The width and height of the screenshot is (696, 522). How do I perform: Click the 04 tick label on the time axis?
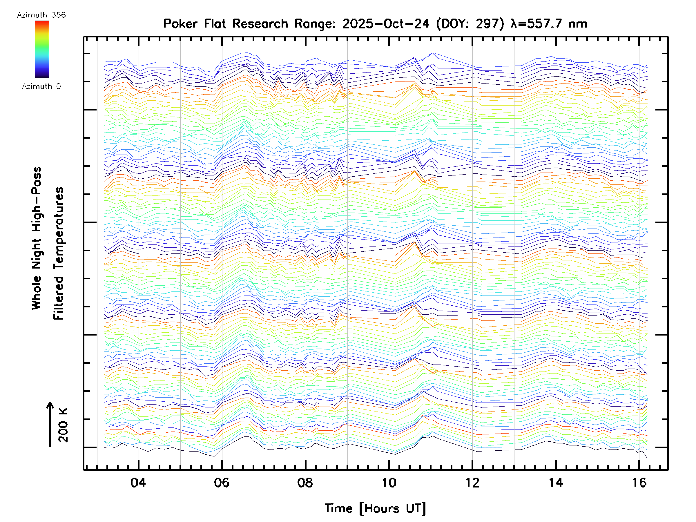point(138,482)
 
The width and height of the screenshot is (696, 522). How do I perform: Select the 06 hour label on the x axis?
point(222,482)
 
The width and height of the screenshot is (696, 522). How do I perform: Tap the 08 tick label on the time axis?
point(305,482)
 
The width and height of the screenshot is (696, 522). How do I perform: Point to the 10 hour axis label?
point(389,482)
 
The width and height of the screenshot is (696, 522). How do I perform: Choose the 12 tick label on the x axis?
point(472,482)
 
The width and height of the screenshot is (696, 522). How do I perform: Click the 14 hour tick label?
point(556,482)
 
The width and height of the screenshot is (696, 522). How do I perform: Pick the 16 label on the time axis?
point(639,482)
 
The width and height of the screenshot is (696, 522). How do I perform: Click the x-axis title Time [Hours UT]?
point(375,508)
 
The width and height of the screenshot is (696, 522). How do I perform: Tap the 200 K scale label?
point(63,425)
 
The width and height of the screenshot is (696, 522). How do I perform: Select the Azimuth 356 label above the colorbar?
point(41,15)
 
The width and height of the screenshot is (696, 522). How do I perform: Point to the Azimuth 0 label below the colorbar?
point(41,86)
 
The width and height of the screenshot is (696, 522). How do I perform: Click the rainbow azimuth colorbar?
point(42,49)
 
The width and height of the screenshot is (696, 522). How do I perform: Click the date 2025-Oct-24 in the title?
point(386,23)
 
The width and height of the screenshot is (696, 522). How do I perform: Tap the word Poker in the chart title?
point(181,23)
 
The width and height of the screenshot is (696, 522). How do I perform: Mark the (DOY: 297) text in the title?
point(470,23)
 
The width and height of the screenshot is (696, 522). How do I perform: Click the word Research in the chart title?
point(260,23)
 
